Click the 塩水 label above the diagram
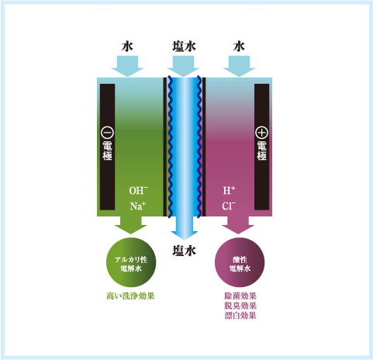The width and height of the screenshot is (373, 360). pos(184,47)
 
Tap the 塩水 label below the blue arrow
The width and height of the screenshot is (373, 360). pos(184,251)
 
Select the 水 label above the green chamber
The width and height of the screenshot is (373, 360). pos(127,47)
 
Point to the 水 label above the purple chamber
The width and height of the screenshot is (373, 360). pos(239,47)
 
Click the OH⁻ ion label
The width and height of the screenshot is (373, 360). pos(138,190)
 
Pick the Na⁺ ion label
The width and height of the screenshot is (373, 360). pos(138,206)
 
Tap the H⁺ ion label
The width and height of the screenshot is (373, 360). pos(229,190)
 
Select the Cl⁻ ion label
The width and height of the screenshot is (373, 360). pos(229,206)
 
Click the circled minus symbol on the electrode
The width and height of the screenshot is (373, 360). pos(107,133)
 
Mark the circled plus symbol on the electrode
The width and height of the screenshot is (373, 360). pos(261,133)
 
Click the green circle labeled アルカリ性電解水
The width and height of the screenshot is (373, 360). pos(131,262)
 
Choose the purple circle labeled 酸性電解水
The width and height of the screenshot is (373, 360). pos(240,262)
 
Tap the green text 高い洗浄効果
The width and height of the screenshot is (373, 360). pos(130,296)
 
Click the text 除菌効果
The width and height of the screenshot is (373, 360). pos(240,296)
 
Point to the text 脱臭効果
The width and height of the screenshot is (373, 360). pos(240,306)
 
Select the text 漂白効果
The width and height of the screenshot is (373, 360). pos(240,316)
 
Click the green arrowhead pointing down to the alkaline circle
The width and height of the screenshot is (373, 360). pos(131,229)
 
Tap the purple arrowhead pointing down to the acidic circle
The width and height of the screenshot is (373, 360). pos(238,229)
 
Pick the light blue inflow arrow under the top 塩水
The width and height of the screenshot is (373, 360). pos(183,66)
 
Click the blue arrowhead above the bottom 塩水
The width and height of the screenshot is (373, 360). pos(185,235)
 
